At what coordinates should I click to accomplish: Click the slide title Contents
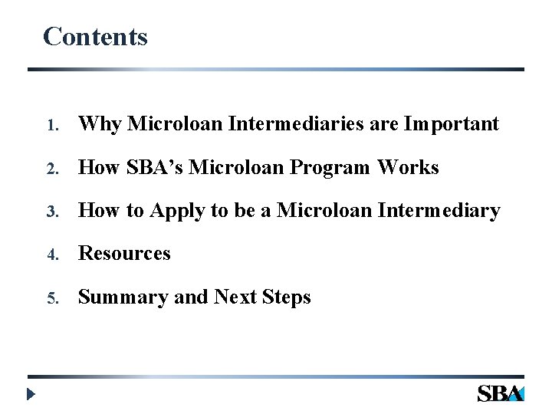point(95,36)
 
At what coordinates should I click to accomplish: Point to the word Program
point(345,167)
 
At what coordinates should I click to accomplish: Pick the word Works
point(412,166)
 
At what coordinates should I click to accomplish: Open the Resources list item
point(124,253)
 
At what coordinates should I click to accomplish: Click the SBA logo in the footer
point(500,393)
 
